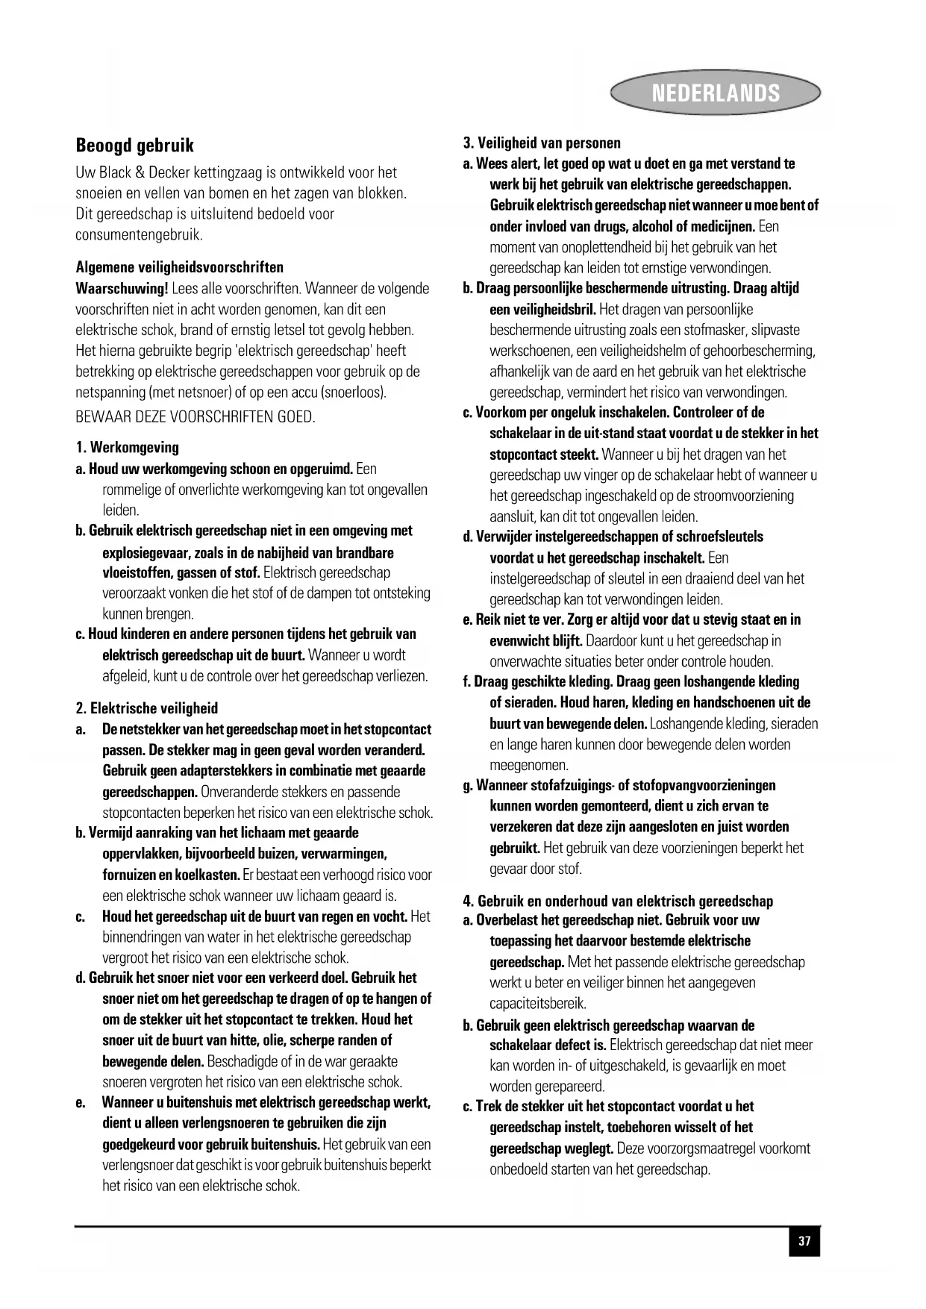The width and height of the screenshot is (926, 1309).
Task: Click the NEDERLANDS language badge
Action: pos(715,93)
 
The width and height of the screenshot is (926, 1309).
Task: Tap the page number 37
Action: pos(804,1242)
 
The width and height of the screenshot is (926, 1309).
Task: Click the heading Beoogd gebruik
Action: pos(135,145)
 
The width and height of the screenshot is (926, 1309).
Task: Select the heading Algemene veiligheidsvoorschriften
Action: pos(179,267)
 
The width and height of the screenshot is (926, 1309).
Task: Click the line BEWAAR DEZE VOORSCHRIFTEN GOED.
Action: pos(195,417)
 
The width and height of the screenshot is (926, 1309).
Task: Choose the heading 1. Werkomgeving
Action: pos(128,448)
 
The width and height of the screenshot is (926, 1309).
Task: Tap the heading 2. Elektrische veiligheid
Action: pos(147,708)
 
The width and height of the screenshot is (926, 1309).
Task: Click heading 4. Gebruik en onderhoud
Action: pos(619,901)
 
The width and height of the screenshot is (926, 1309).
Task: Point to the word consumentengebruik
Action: pos(139,235)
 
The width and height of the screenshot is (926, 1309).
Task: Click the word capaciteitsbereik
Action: pos(537,1004)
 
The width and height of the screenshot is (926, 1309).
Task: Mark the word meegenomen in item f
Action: pos(529,765)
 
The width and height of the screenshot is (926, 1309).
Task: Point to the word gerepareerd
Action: pos(547,1087)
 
